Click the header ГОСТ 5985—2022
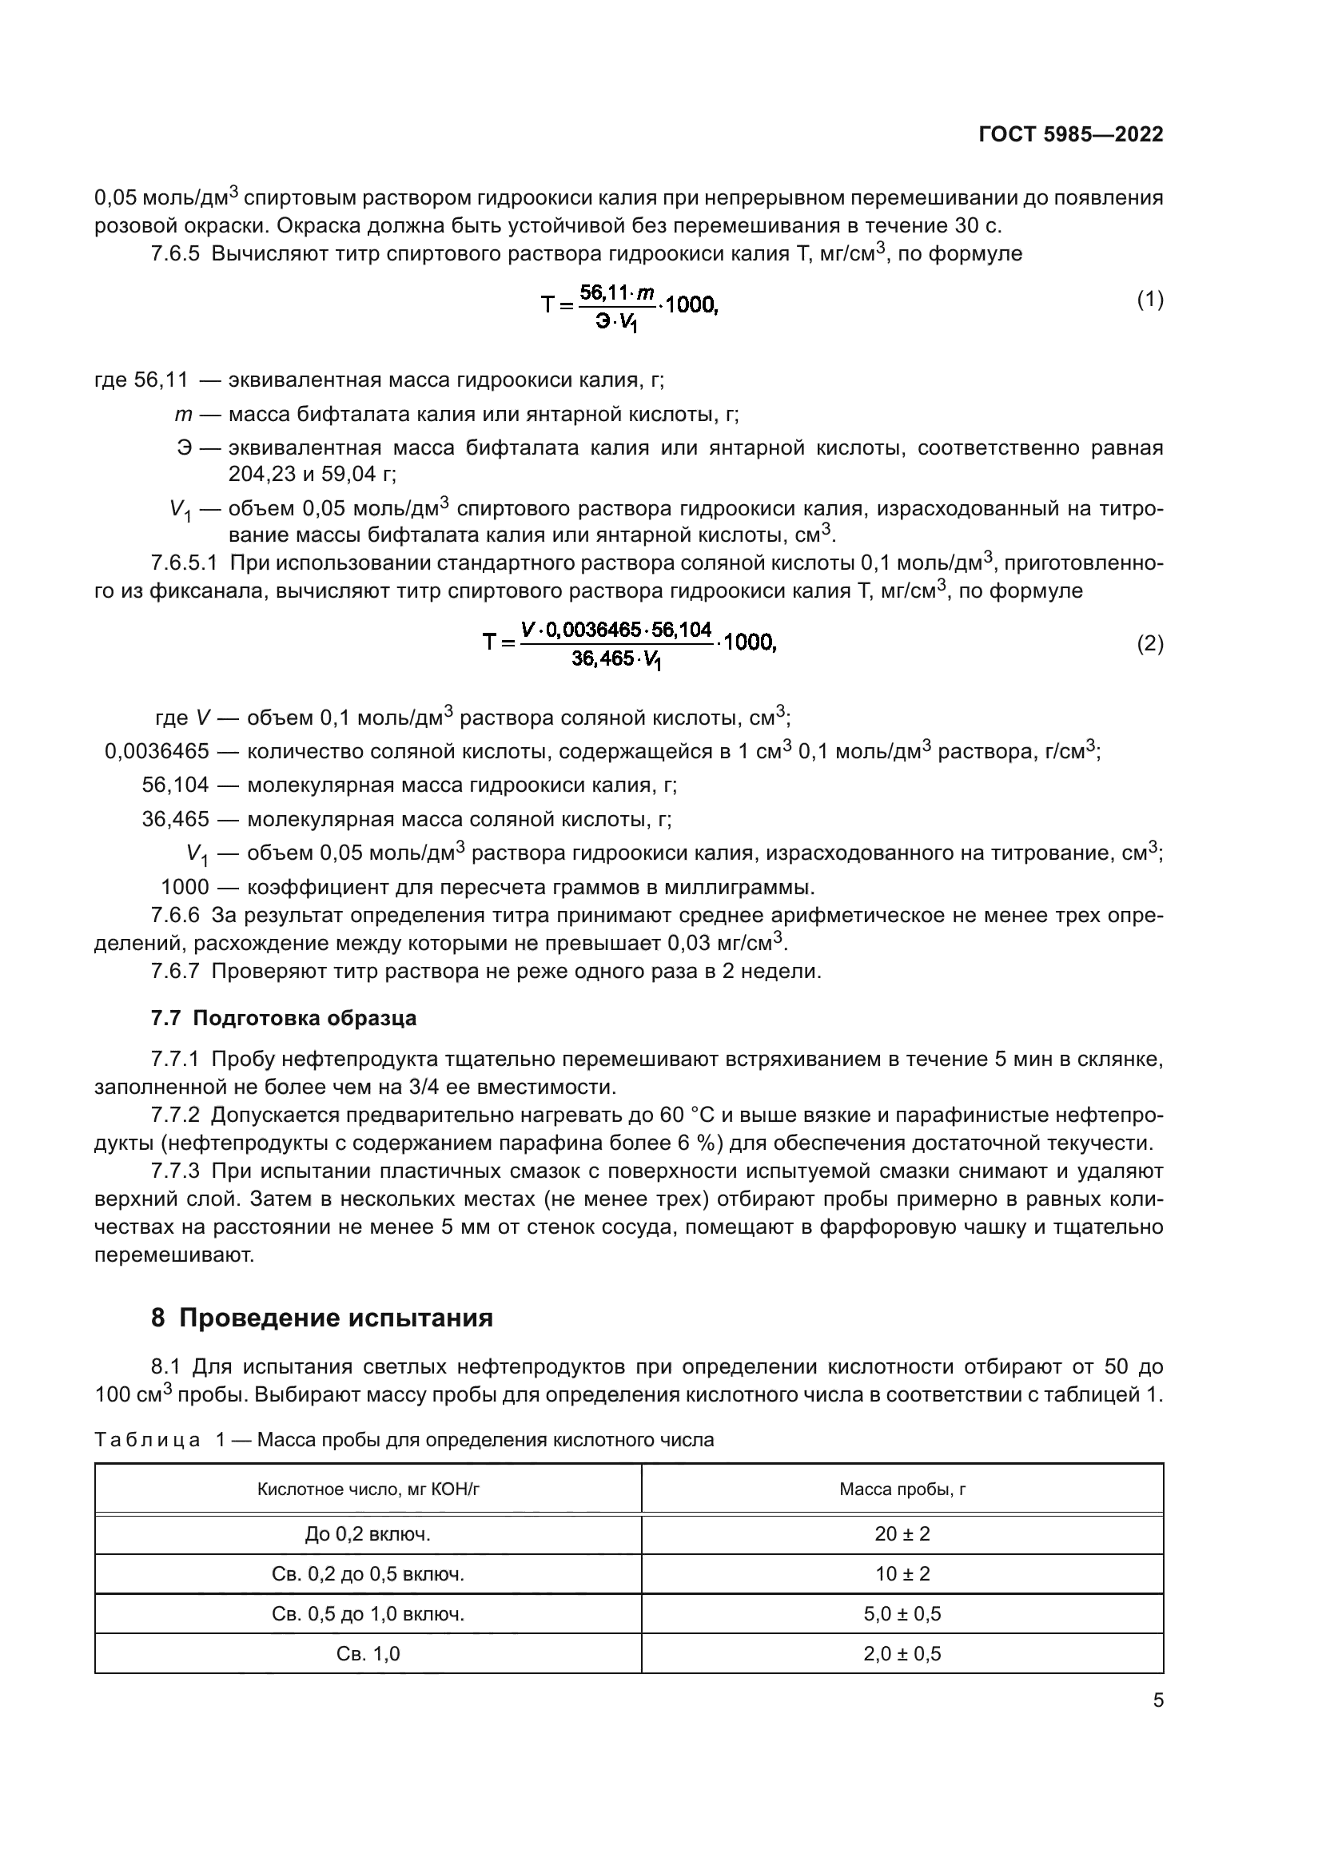coord(1070,135)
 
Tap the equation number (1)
coord(1149,300)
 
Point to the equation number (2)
coord(1149,644)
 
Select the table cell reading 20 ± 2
coord(902,1533)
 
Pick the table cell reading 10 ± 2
coord(902,1573)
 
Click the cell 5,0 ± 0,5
coord(902,1613)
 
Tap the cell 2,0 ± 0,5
coord(902,1653)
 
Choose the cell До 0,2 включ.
coord(368,1533)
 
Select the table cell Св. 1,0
coord(368,1653)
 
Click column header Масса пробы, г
coord(902,1489)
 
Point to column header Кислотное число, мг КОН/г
coord(368,1489)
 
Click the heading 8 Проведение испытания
coord(321,1318)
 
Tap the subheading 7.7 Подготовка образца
coord(283,1018)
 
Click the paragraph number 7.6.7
coord(175,971)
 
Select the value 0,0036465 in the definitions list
coord(157,751)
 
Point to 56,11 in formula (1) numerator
coord(603,292)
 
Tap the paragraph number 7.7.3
coord(175,1171)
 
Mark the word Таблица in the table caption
coord(147,1440)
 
